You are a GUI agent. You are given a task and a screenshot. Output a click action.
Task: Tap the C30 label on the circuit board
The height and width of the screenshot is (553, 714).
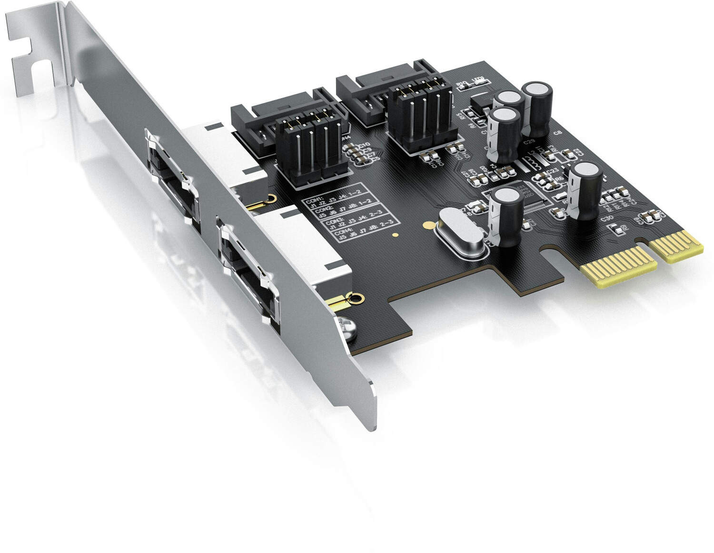[x=607, y=219]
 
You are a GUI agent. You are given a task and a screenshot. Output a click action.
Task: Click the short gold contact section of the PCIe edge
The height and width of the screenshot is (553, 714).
[x=676, y=246]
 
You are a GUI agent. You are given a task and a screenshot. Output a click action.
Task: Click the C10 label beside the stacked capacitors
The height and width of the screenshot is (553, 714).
[x=364, y=145]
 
